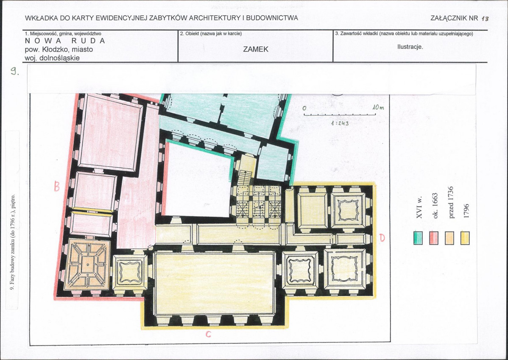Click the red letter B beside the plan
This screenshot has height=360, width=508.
point(57,186)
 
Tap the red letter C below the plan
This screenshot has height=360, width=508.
point(208,334)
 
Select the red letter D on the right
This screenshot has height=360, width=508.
point(382,238)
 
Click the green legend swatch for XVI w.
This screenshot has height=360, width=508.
point(418,238)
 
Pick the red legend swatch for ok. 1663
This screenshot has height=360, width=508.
point(434,238)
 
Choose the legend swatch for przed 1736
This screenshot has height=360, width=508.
point(449,238)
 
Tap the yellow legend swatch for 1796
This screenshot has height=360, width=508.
point(465,238)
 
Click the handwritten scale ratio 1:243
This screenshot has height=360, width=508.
point(340,123)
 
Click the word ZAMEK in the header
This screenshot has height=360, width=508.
point(256,49)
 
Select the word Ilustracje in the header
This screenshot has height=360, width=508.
point(410,47)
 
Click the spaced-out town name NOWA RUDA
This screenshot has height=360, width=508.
point(65,41)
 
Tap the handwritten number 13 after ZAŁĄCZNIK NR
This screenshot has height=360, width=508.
point(485,19)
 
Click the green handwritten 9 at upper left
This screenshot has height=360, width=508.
point(14,71)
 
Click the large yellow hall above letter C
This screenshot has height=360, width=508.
point(215,284)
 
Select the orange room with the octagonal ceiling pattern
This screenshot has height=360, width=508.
point(87,265)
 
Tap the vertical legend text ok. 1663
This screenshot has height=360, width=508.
point(435,206)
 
